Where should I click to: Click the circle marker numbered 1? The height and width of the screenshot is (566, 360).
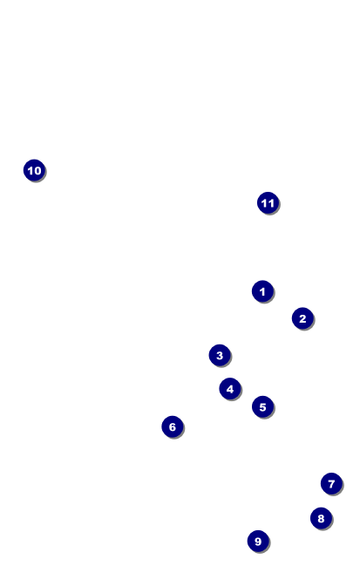(262, 291)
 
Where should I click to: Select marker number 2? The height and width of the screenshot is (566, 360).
(302, 318)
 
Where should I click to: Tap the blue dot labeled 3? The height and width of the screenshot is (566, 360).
(220, 355)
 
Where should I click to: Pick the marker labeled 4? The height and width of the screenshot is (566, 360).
(230, 389)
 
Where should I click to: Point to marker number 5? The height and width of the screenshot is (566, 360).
(262, 406)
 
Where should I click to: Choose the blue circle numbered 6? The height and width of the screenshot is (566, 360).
(173, 427)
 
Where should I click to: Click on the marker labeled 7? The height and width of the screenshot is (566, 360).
(331, 484)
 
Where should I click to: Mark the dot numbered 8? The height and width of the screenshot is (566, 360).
(321, 518)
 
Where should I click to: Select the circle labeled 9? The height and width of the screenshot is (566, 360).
(258, 541)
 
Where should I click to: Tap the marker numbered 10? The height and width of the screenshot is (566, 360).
(34, 170)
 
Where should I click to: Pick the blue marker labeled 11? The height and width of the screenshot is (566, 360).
(268, 203)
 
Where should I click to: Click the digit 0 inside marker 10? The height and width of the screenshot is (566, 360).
(37, 170)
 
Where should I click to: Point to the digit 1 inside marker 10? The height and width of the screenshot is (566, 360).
(31, 170)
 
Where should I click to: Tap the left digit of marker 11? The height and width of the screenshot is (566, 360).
(264, 203)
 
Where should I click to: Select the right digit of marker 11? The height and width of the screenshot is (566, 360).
(271, 203)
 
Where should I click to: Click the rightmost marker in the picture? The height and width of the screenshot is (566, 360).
(331, 484)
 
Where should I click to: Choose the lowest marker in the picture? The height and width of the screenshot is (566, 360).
(258, 541)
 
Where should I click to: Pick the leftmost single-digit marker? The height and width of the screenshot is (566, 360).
(173, 427)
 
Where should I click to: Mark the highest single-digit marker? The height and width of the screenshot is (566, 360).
(262, 291)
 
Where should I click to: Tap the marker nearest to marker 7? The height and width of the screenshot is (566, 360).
(321, 518)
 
